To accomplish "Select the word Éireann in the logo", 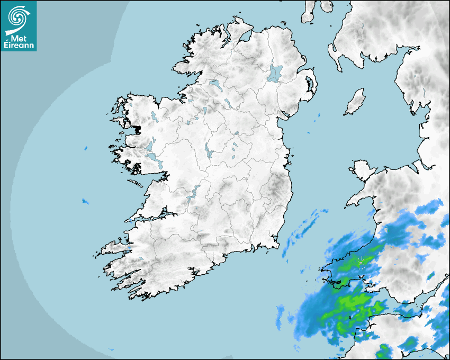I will (x=19, y=46).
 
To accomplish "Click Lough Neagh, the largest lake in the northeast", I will (x=275, y=73).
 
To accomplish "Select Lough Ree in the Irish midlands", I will (x=208, y=151).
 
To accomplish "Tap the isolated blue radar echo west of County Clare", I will (x=85, y=201).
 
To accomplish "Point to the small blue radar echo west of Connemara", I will (x=85, y=148).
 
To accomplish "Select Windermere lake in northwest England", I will (x=424, y=91).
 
